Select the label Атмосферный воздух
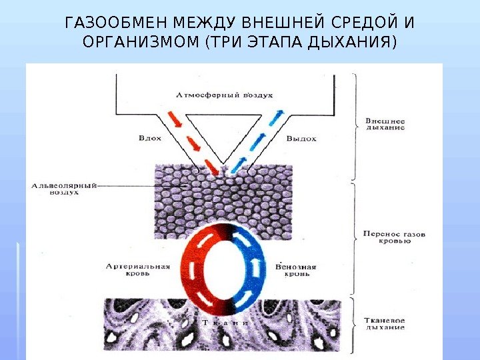[x=224, y=95]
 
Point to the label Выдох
[x=301, y=139]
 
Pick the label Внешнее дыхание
[x=385, y=124]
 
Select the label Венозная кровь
[x=295, y=270]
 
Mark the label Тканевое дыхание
[x=385, y=324]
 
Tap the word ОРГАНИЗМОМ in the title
[x=141, y=44]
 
